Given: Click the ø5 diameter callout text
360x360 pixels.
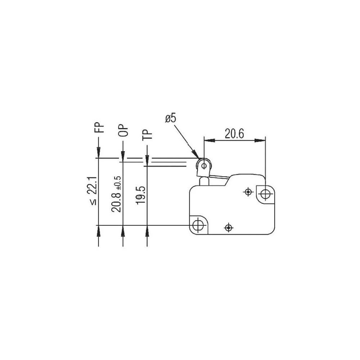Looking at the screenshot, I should pyautogui.click(x=171, y=118).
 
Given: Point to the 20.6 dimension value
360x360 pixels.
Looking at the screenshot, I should pyautogui.click(x=234, y=134).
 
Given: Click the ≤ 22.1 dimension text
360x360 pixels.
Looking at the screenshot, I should pyautogui.click(x=93, y=191).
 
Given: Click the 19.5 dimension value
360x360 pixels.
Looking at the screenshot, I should pyautogui.click(x=141, y=195).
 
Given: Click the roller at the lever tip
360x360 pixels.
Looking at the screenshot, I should pyautogui.click(x=204, y=166).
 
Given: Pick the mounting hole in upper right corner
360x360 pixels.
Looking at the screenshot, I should pyautogui.click(x=265, y=194).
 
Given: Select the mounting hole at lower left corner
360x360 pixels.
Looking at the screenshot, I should pyautogui.click(x=198, y=225).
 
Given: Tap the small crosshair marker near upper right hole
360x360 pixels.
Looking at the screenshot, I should pyautogui.click(x=248, y=192).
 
